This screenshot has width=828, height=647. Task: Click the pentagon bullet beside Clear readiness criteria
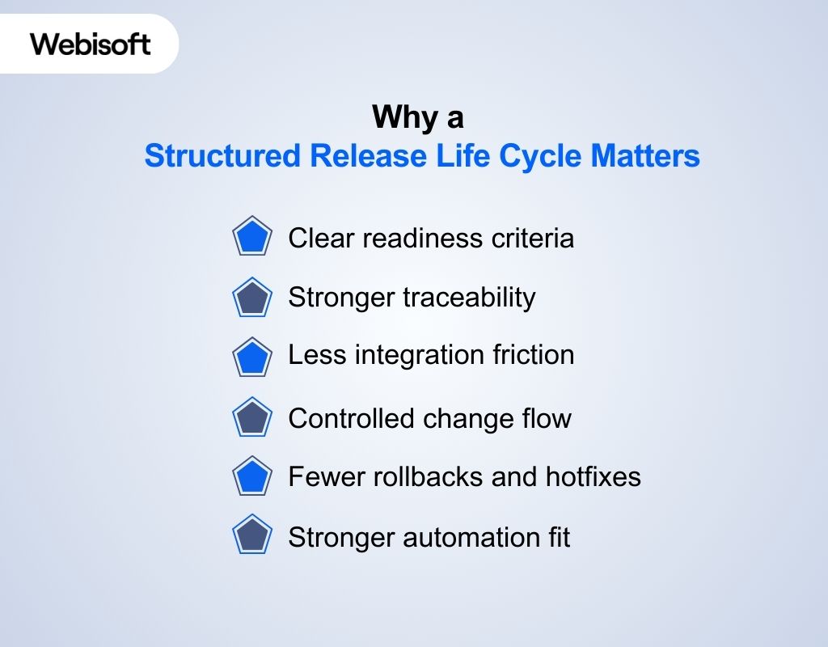coord(252,238)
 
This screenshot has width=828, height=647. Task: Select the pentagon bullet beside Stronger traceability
coord(252,298)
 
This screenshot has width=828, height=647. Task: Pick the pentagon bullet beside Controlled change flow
coord(252,417)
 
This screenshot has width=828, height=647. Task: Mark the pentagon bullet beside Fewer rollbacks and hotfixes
coord(252,477)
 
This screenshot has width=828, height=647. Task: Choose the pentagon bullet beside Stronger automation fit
coord(252,536)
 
